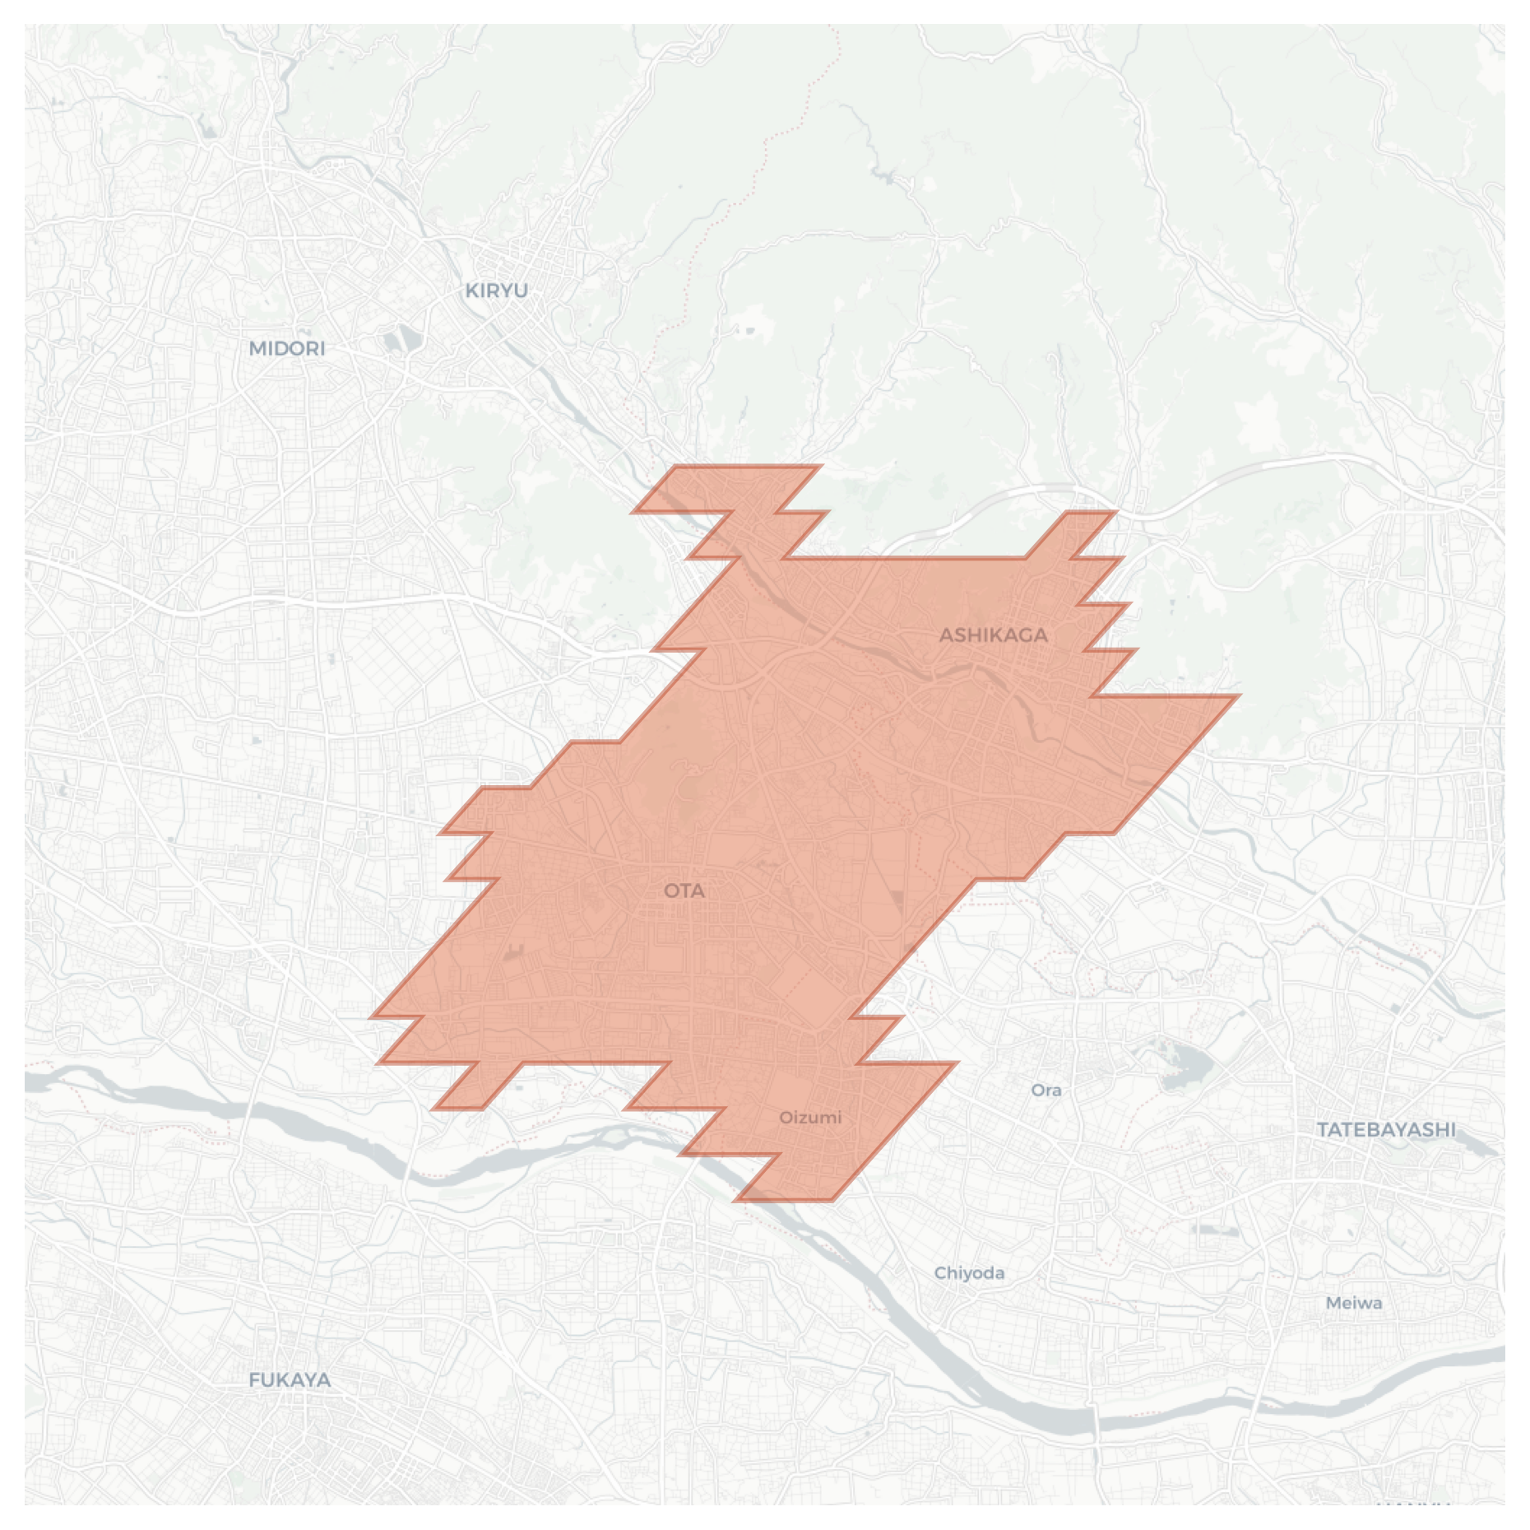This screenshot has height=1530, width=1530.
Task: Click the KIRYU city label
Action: [x=496, y=291]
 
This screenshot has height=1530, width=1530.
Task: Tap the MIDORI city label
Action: [x=287, y=348]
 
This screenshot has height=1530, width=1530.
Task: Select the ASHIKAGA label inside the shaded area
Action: [x=993, y=635]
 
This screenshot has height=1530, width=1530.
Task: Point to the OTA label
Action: [x=684, y=891]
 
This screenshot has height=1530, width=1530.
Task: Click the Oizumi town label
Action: [x=810, y=1117]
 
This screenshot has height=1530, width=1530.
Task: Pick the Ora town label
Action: [x=1045, y=1090]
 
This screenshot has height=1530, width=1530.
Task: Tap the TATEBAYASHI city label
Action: [x=1385, y=1129]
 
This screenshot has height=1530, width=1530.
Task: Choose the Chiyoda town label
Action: [x=969, y=1272]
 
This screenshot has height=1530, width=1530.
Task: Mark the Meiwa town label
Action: [x=1353, y=1302]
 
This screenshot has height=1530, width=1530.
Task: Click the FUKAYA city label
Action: [x=290, y=1379]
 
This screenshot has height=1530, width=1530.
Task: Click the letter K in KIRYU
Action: [x=471, y=291]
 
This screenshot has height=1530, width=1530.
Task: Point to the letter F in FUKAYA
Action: [x=254, y=1379]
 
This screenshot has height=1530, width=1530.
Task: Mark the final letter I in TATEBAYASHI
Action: [x=1452, y=1129]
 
